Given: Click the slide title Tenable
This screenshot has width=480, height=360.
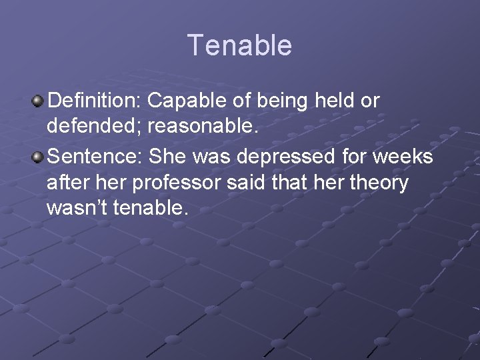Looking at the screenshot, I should [239, 45].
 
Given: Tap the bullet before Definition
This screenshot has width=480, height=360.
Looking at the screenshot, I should [37, 101].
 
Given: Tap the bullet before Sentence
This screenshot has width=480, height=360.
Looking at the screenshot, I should [37, 157].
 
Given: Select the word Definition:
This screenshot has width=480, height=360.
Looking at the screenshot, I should [94, 101].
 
